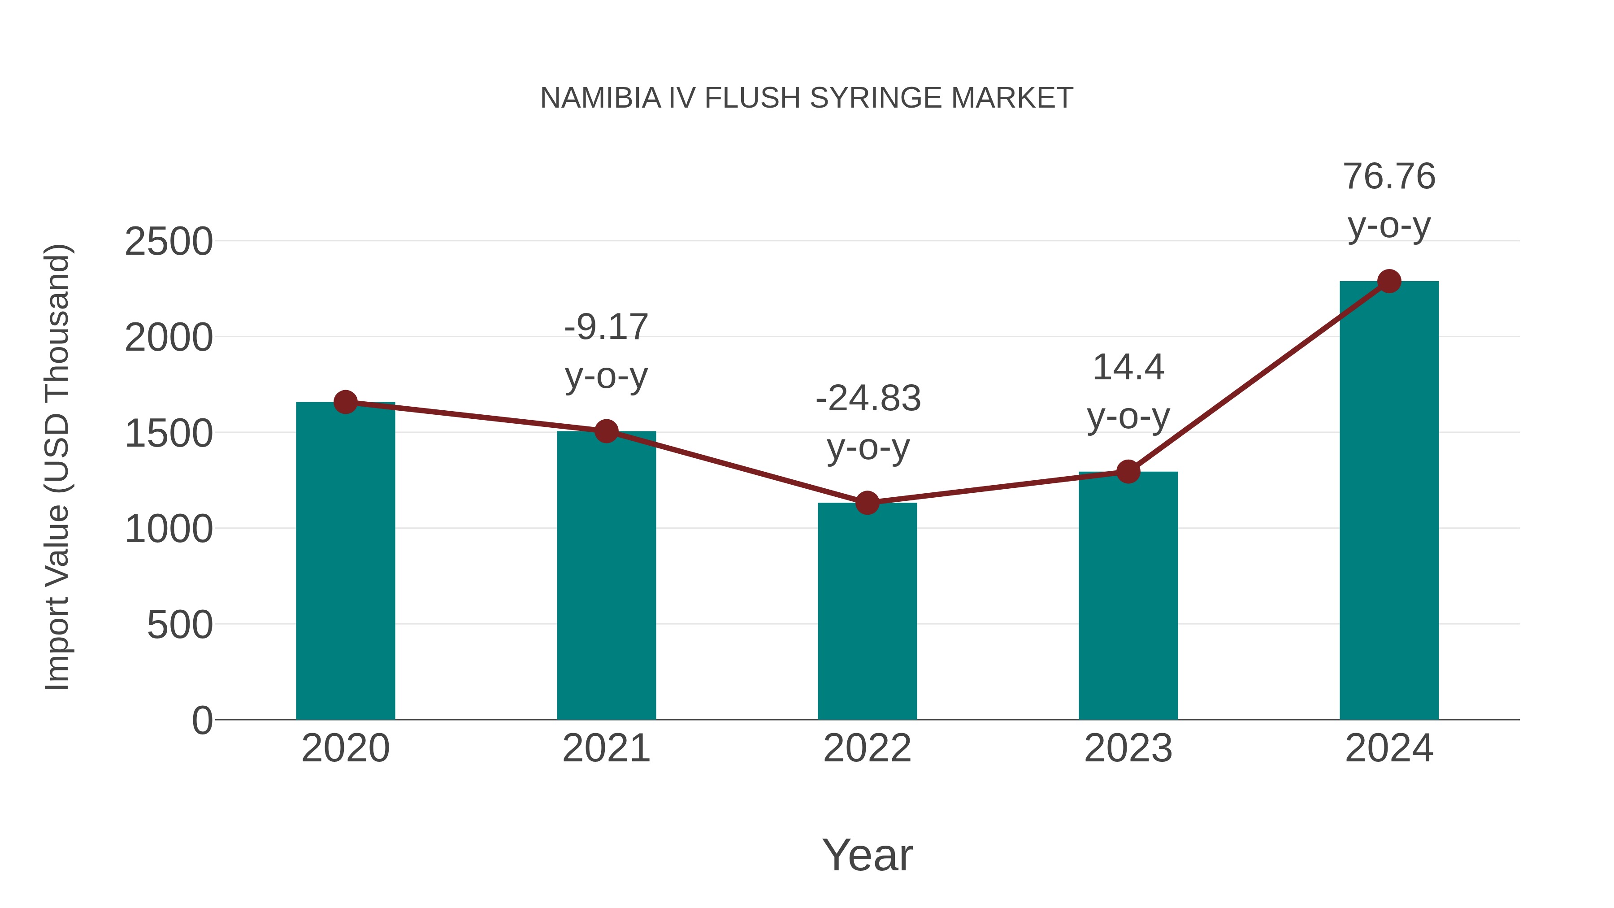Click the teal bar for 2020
(x=345, y=564)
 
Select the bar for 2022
(x=867, y=614)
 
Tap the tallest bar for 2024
(x=1389, y=501)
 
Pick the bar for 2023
(x=1128, y=595)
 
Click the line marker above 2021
(x=606, y=431)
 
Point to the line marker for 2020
(x=345, y=402)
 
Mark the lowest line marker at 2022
(x=867, y=503)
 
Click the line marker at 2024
(x=1389, y=281)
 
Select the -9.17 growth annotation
(x=606, y=327)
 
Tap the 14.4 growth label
(x=1128, y=367)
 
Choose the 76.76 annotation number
(x=1389, y=176)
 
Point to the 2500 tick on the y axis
(x=169, y=242)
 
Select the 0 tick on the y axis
(x=202, y=721)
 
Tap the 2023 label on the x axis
(x=1128, y=748)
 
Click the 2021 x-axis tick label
(x=606, y=748)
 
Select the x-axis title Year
(x=867, y=856)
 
